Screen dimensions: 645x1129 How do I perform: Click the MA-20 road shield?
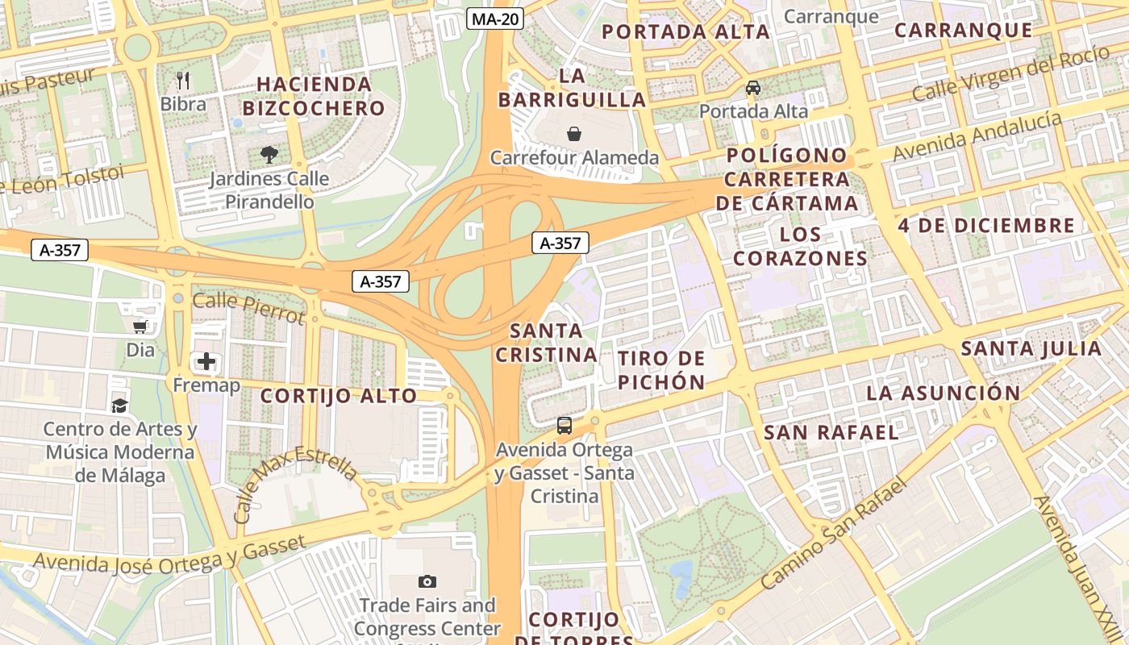coord(495,19)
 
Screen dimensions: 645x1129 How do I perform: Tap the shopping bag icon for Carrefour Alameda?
coord(574,133)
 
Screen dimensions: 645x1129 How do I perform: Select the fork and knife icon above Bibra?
coord(183,80)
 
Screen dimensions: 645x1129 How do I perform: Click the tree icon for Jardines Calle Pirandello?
coord(269,154)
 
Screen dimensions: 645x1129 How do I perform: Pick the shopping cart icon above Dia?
coord(140,326)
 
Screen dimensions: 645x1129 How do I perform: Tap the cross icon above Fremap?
coord(206,361)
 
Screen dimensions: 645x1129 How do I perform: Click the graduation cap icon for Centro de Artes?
coord(120,405)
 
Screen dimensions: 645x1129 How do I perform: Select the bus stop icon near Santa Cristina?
coord(564,425)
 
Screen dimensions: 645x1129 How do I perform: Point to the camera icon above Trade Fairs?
coord(427,581)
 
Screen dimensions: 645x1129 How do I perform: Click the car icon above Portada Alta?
coord(753,87)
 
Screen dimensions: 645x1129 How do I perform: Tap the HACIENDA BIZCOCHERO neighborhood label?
coord(314,96)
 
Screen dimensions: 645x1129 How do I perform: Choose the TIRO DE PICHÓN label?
coord(661,370)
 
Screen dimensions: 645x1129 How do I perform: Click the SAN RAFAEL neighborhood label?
coord(831,433)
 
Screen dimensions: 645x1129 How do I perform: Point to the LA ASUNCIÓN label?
coord(943,393)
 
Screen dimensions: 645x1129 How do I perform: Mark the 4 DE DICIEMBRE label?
coord(986,226)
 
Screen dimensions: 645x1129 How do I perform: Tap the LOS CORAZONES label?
coord(800,247)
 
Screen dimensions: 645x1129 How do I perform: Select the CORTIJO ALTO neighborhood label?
coord(339,396)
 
